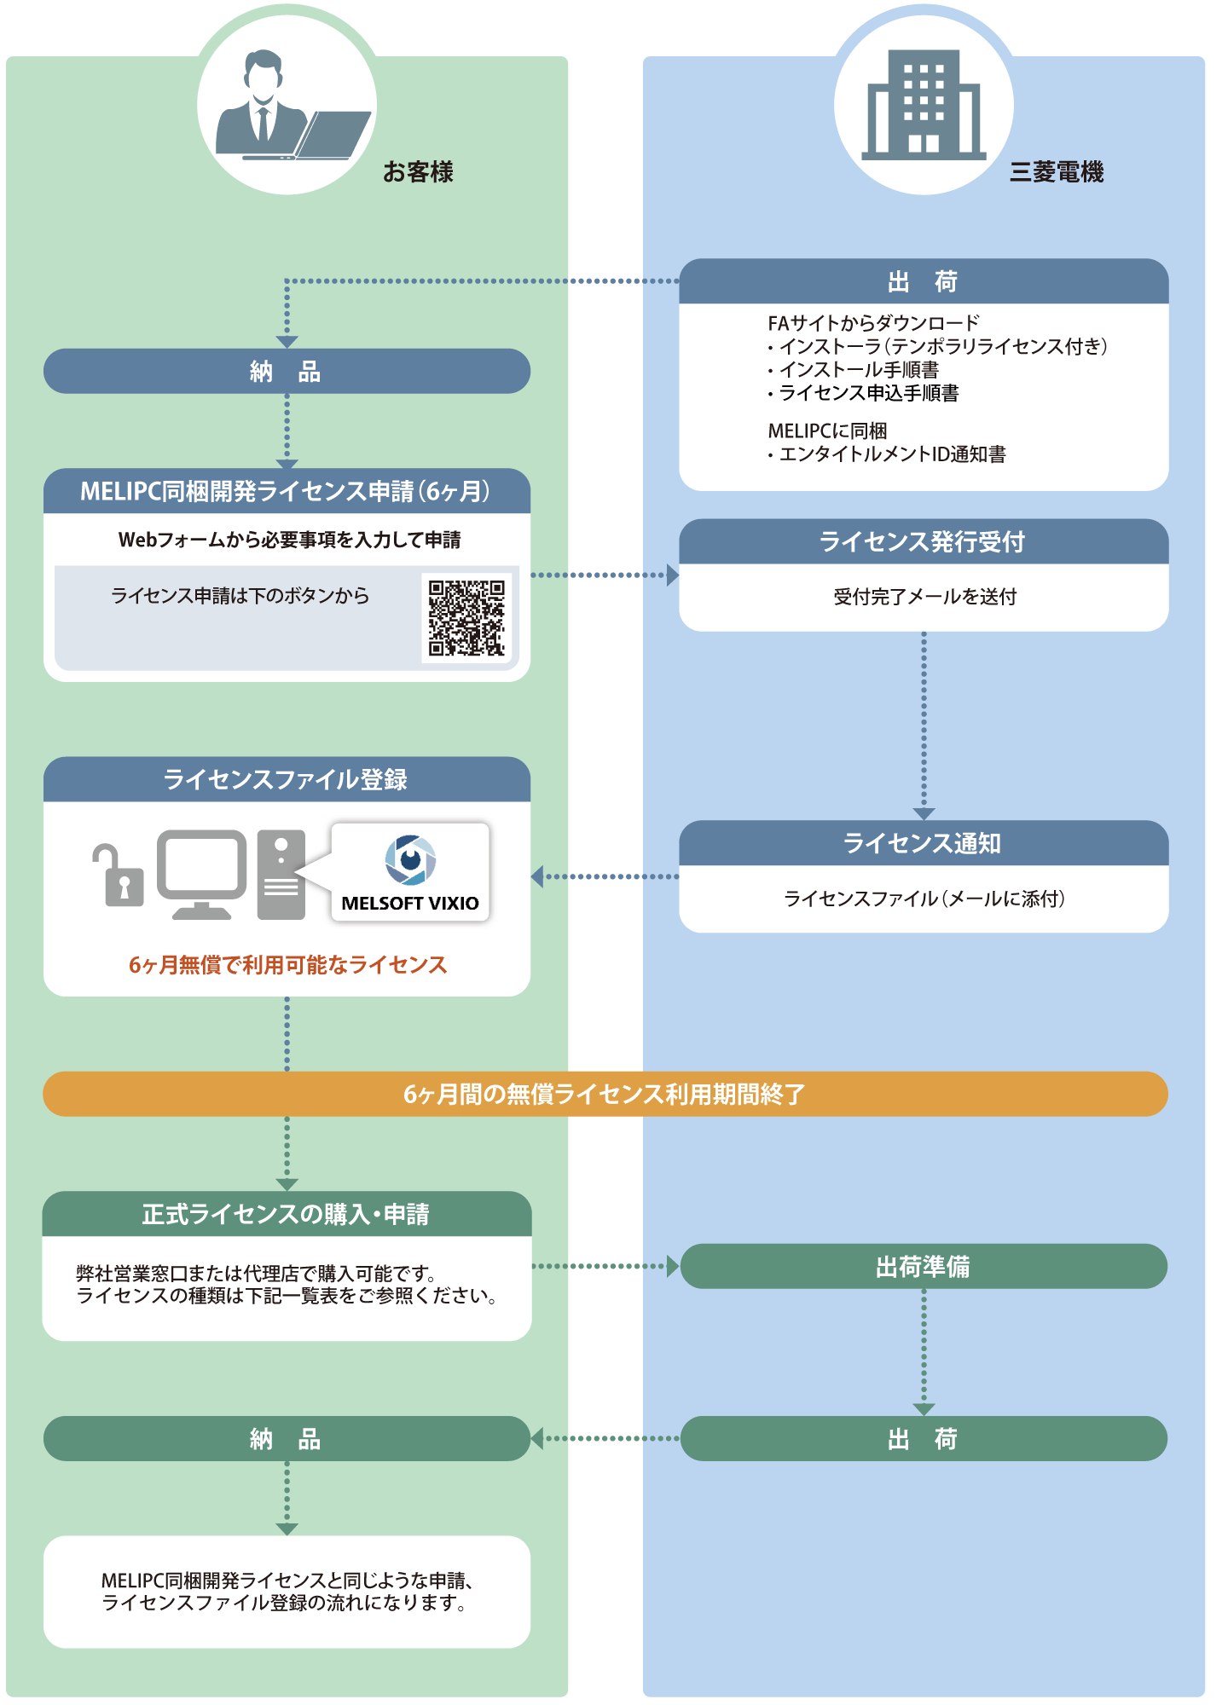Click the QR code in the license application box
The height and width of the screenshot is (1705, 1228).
click(466, 618)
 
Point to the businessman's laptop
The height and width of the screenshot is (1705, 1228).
click(328, 136)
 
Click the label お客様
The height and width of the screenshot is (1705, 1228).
click(418, 172)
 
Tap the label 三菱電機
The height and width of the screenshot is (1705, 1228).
click(1056, 172)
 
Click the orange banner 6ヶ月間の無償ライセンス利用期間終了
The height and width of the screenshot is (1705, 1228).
click(605, 1094)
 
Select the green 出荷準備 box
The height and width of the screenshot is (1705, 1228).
click(924, 1267)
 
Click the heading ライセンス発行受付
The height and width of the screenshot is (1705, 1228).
click(924, 542)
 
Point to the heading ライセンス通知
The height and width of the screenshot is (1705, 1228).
click(924, 843)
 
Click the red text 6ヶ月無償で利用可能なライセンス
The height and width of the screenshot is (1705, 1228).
click(287, 965)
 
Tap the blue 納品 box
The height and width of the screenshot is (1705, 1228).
click(287, 372)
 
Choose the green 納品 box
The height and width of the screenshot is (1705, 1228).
click(287, 1439)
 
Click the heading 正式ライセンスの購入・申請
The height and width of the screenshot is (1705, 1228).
click(287, 1214)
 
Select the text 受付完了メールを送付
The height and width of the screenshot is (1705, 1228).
click(924, 597)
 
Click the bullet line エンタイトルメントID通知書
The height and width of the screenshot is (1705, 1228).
click(892, 454)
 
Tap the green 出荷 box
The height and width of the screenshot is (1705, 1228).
click(924, 1439)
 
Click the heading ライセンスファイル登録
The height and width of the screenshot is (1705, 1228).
click(287, 780)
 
